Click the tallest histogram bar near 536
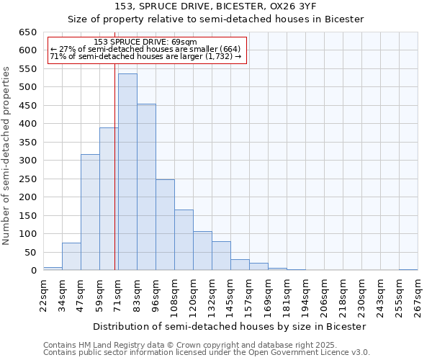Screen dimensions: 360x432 click(x=127, y=172)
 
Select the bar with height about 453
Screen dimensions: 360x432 click(x=146, y=187)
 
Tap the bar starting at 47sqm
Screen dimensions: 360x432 click(x=90, y=212)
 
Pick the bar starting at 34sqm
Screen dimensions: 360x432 click(x=71, y=256)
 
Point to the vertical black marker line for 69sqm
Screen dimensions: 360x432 click(x=114, y=166)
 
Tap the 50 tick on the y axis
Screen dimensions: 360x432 click(x=30, y=252)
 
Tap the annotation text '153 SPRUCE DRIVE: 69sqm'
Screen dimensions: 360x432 click(x=145, y=42)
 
